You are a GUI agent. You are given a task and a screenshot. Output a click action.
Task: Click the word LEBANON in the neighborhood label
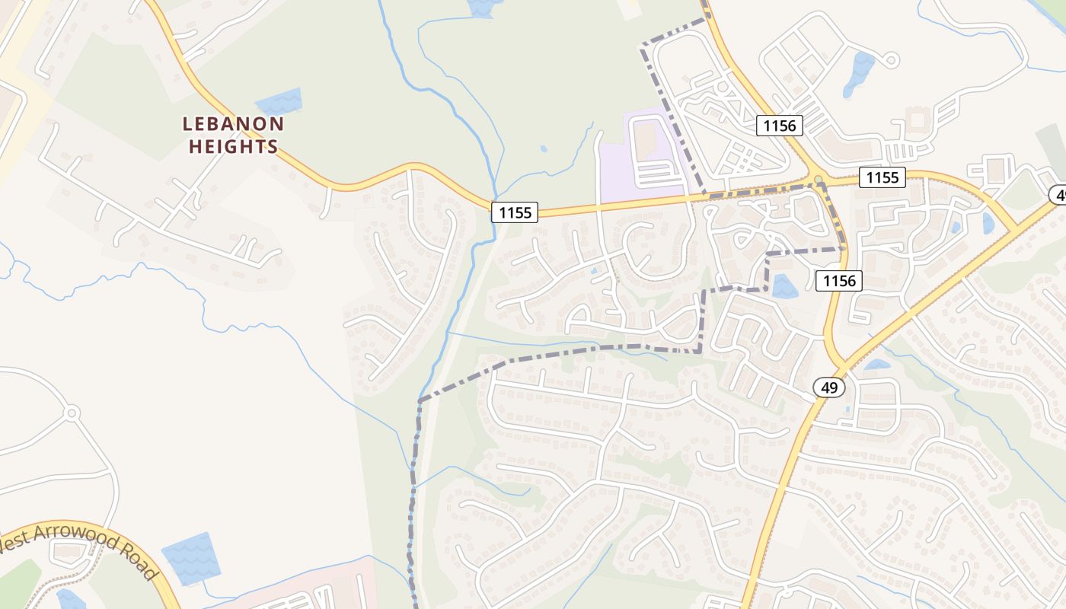pos(233,123)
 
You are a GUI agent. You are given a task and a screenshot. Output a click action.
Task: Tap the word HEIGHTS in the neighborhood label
pos(233,146)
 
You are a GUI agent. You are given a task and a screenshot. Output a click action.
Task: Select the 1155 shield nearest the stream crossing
pos(515,212)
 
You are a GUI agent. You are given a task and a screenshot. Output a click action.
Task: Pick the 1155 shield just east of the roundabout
pos(882,178)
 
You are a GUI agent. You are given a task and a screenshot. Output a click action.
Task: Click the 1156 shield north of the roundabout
pos(780,126)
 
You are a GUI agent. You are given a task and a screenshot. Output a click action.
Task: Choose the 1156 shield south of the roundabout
pos(840,281)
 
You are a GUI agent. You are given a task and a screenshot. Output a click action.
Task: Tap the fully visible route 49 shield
pos(829,387)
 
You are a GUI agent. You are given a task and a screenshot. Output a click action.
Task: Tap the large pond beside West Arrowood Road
pos(190,558)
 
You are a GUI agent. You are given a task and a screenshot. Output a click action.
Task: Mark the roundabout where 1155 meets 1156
pos(818,180)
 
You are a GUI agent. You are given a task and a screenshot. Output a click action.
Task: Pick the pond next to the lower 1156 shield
pos(784,287)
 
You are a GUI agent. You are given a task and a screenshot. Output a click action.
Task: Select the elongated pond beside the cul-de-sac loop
pos(860,73)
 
